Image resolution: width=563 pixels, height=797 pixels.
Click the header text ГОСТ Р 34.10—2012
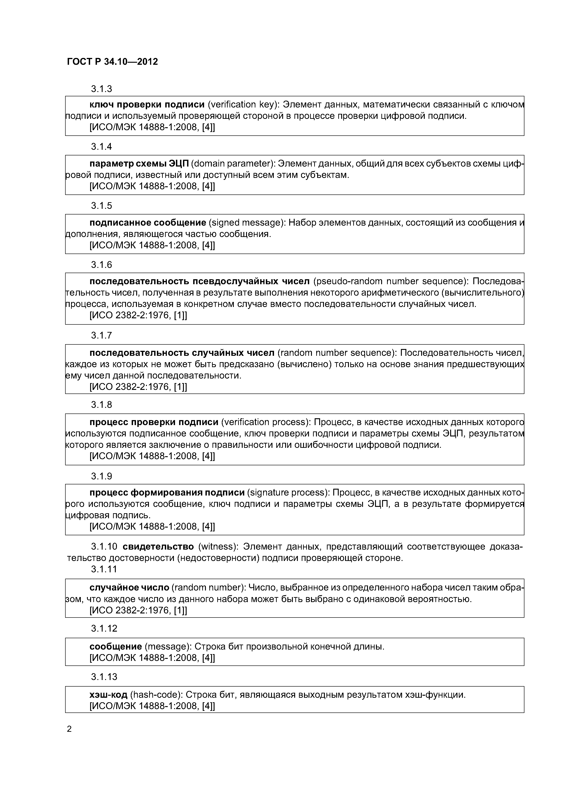coord(112,62)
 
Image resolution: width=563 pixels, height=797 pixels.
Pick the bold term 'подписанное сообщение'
coord(148,222)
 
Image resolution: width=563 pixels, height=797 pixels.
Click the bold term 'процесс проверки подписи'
coord(154,422)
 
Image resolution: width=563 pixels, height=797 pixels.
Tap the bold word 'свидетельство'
coord(158,547)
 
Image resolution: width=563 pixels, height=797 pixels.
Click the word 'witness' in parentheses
coord(218,547)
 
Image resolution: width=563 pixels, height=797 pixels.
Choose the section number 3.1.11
coord(104,569)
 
